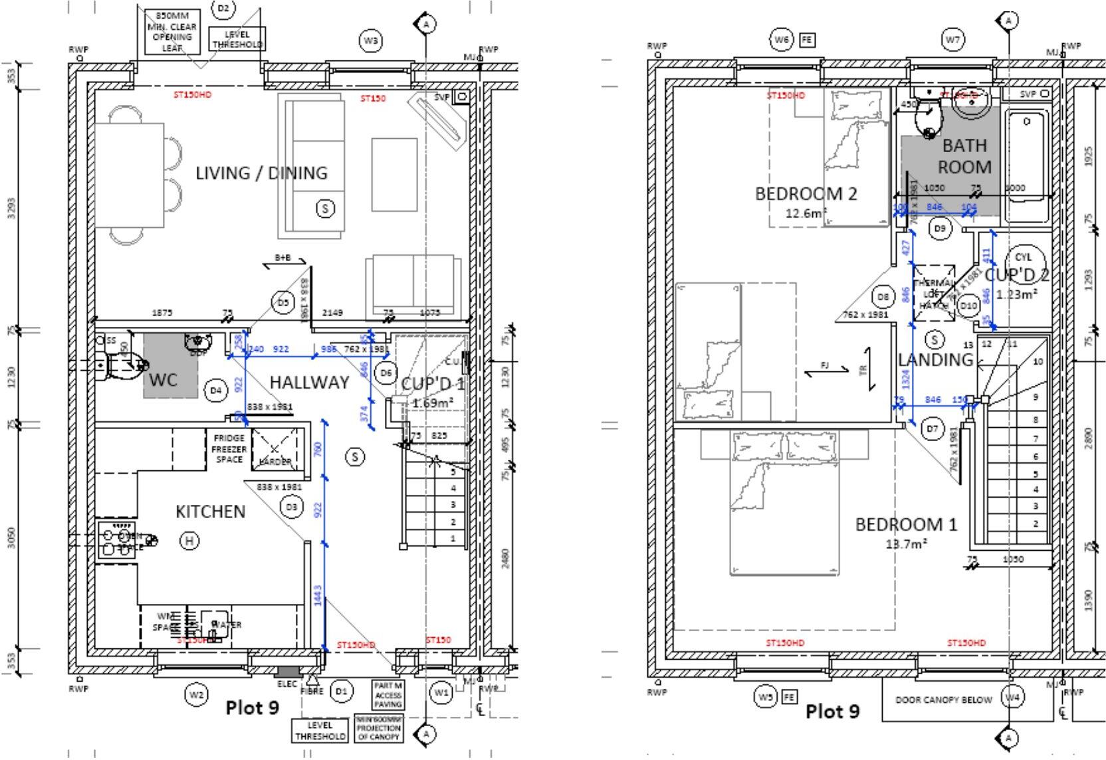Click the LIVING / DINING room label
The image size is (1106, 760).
click(261, 173)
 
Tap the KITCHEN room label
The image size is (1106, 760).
click(210, 512)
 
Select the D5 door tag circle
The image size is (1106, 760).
click(283, 303)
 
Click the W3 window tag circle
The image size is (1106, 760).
click(371, 41)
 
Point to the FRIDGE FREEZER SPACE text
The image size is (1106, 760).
click(229, 449)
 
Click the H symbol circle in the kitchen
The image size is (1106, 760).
click(189, 541)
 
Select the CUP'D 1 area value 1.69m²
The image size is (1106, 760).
click(433, 403)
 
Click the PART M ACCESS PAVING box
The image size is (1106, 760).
click(387, 695)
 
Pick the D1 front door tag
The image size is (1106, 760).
click(341, 692)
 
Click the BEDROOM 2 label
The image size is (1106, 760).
click(806, 194)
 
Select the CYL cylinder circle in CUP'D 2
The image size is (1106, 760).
click(1024, 257)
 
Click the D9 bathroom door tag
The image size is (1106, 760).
click(940, 229)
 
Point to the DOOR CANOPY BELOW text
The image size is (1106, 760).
click(943, 700)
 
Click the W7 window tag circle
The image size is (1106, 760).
click(954, 40)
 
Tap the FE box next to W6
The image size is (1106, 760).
click(808, 40)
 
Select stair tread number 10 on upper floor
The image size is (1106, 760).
click(1037, 362)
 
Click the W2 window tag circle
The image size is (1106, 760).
click(195, 695)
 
